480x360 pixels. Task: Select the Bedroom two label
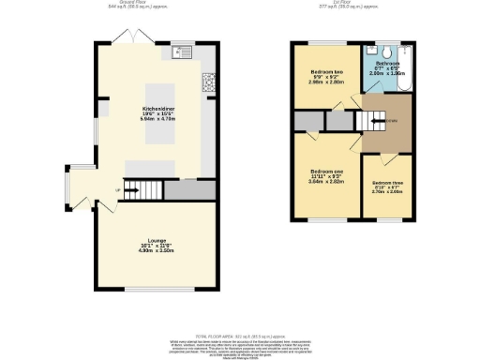click(325, 76)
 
